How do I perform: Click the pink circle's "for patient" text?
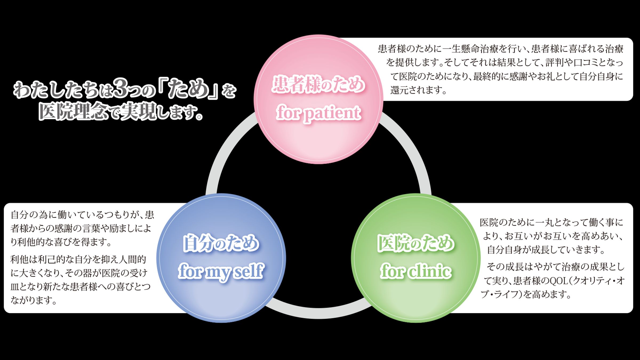[x=318, y=113]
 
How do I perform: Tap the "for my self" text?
[x=221, y=271]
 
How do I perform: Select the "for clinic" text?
[x=416, y=271]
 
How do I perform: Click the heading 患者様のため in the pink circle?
[x=318, y=84]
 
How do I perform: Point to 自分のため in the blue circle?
[x=221, y=243]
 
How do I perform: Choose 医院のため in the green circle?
[x=416, y=243]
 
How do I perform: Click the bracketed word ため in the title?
[x=188, y=89]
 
